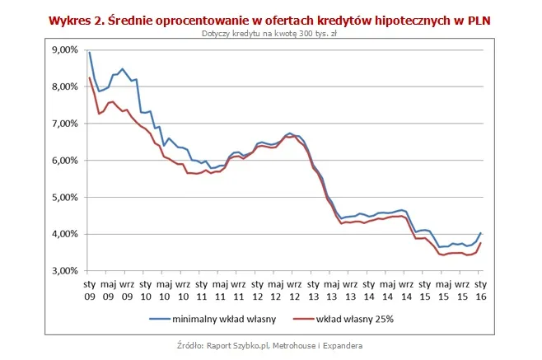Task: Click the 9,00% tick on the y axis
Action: tap(66, 50)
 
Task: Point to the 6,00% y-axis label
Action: tap(66, 161)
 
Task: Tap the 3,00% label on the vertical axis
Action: tap(66, 271)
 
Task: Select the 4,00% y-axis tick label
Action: tap(66, 234)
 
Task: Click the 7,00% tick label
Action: tap(66, 124)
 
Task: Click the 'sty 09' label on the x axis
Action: tap(89, 291)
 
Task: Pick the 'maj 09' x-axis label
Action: tap(108, 291)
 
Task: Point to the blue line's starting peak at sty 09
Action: tap(89, 53)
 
